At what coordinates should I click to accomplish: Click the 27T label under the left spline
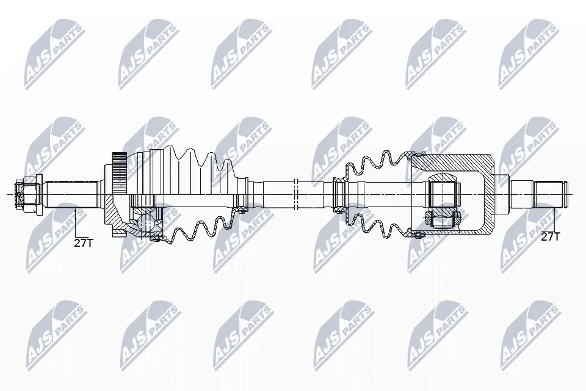83,243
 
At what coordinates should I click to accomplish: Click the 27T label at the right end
551,236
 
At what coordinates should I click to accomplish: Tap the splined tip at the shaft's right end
552,194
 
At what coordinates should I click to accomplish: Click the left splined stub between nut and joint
71,194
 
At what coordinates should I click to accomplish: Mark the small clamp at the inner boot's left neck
340,194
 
